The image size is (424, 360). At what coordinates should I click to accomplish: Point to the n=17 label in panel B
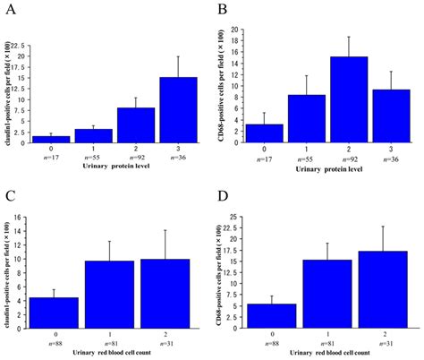[266, 159]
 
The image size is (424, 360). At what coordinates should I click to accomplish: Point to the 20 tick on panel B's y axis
[235, 30]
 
